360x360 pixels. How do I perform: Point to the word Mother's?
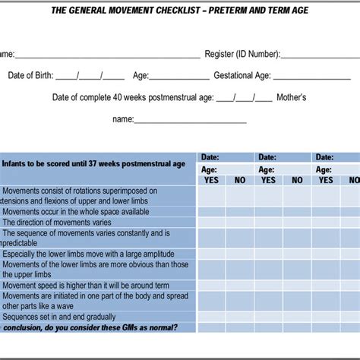292,97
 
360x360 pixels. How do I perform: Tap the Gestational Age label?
242,76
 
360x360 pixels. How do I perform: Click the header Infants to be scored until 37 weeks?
93,163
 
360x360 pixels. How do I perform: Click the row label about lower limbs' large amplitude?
94,254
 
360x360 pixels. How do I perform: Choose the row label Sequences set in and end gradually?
69,317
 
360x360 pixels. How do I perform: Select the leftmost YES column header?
211,180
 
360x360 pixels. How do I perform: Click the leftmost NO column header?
240,180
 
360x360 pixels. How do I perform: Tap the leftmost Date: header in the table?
210,157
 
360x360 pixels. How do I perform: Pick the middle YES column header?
269,180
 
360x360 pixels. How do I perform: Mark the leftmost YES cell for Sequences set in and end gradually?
211,317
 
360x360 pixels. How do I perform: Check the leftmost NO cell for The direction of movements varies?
240,223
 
